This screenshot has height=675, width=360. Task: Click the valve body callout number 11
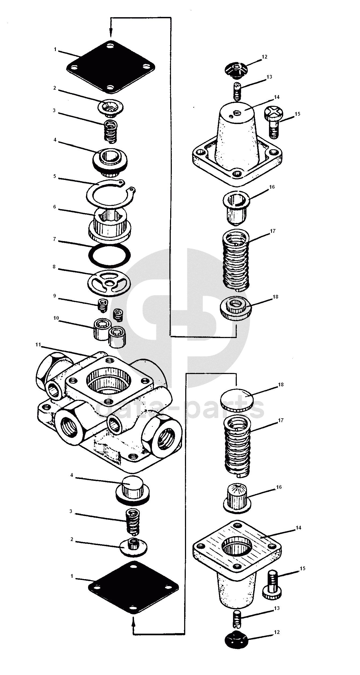pos(38,345)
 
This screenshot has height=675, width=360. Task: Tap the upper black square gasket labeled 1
pos(111,67)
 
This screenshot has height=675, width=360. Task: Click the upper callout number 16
pos(272,187)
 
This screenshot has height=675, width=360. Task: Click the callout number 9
pos(55,296)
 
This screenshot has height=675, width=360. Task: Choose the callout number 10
pos(56,318)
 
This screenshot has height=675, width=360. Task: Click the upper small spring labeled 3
pos(110,131)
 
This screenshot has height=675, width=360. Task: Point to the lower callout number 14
pos(298,528)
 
